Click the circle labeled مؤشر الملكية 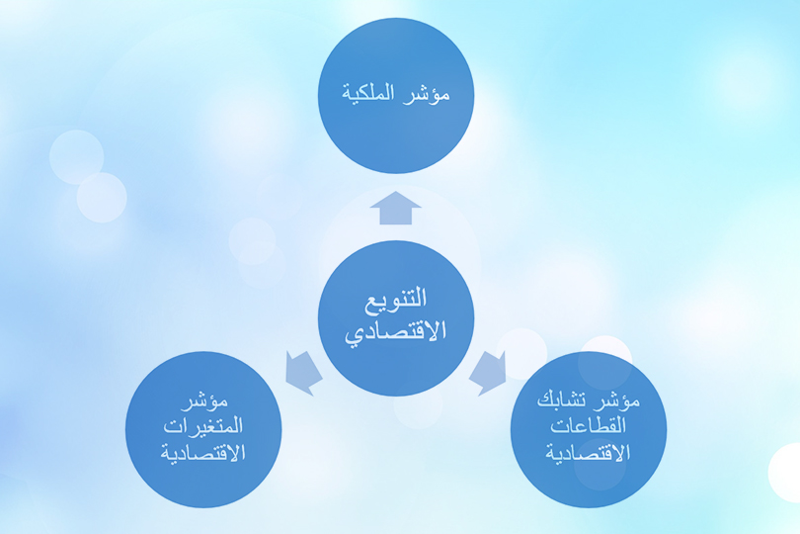[x=396, y=96]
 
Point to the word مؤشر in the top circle [x=428, y=96]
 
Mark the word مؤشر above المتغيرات [x=204, y=404]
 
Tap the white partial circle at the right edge [x=786, y=473]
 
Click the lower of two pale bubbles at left [x=102, y=197]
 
